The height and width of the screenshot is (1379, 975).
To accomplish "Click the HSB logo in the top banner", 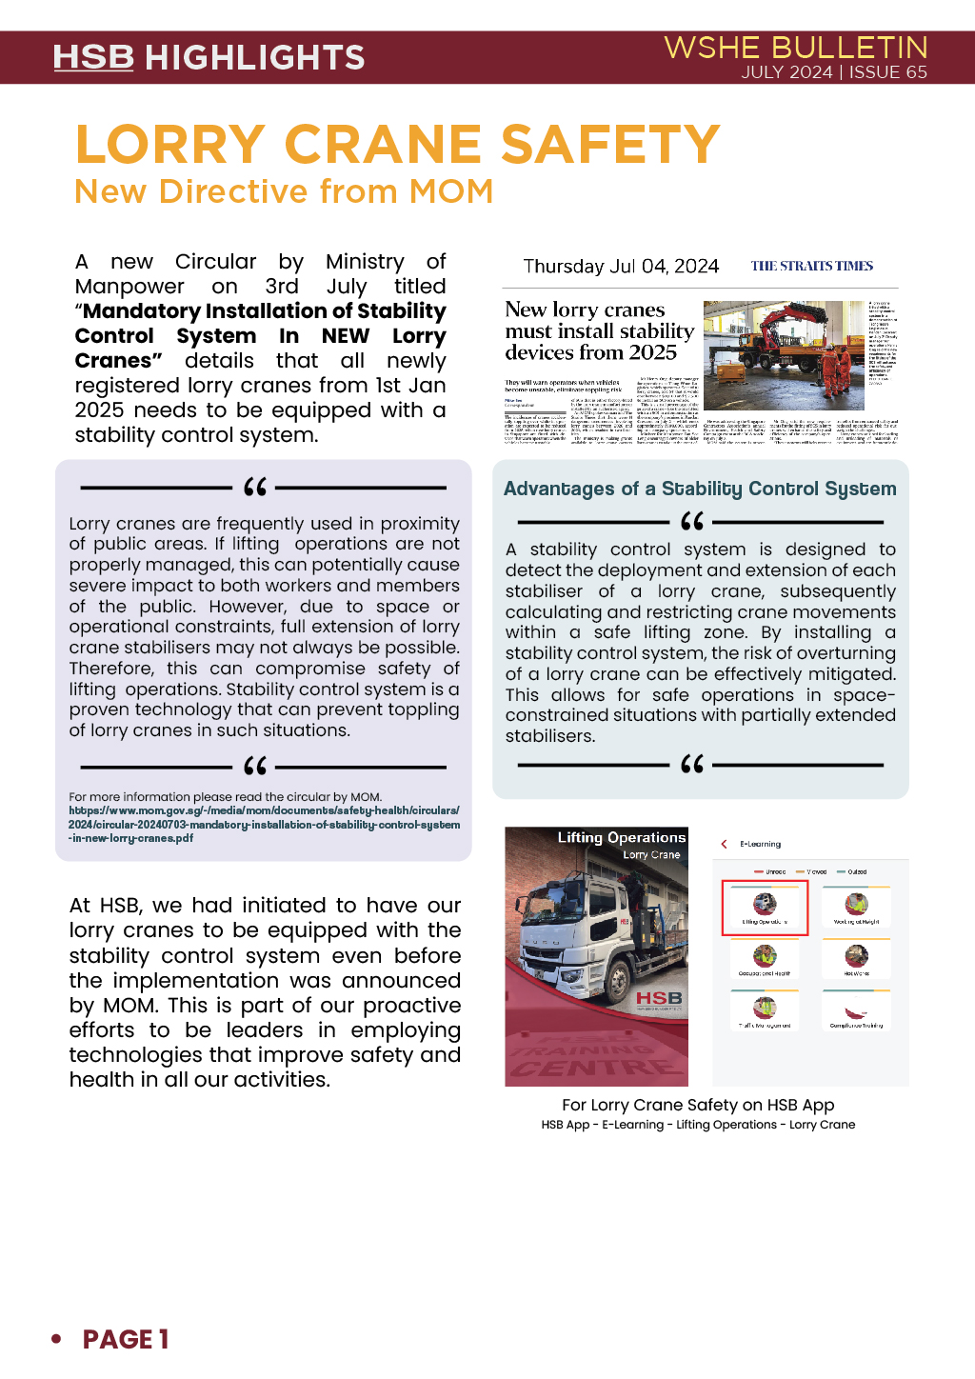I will pos(93,57).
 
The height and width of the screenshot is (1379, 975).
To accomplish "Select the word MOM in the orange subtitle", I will pos(451,191).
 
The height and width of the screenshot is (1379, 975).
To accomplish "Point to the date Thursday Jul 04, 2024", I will pos(621,266).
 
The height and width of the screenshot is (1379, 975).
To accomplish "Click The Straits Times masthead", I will pos(811,266).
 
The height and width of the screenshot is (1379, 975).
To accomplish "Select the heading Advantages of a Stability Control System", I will pos(700,489).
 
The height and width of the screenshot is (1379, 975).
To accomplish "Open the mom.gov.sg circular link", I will pos(264,825).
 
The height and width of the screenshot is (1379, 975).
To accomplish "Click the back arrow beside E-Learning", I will pos(724,844).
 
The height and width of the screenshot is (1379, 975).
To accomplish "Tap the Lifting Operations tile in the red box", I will pos(765,907).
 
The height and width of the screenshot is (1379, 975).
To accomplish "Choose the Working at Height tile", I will pos(856,907).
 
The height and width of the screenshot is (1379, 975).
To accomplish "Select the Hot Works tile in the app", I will pos(856,959).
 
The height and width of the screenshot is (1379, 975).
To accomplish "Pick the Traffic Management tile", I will pos(765,1010).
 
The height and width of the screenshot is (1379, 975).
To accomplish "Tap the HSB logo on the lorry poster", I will pos(659,997).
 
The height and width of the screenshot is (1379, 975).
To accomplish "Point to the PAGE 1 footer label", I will pos(125,1339).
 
